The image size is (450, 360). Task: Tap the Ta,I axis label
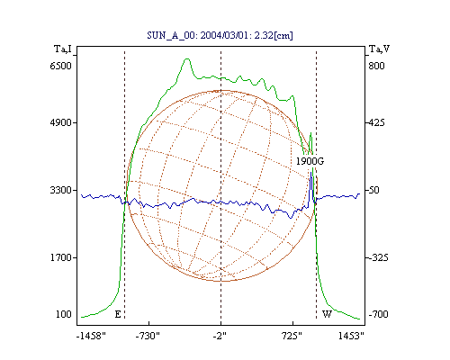click(x=63, y=49)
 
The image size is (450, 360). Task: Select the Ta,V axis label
click(x=379, y=49)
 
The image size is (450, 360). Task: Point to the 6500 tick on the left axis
click(x=60, y=66)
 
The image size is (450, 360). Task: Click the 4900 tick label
click(x=60, y=122)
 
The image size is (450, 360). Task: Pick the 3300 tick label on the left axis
click(x=60, y=190)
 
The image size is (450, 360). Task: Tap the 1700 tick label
click(x=60, y=257)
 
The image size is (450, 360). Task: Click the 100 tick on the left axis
click(x=64, y=314)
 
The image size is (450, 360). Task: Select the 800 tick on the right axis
click(x=376, y=66)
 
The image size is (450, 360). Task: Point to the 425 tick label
click(x=376, y=122)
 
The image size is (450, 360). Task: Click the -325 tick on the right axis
click(x=378, y=257)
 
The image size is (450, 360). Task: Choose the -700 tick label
click(x=378, y=314)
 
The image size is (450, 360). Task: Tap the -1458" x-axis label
click(x=91, y=336)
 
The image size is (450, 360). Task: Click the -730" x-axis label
click(x=148, y=336)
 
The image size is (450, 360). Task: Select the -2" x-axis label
click(x=220, y=336)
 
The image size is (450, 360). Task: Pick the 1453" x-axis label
click(x=351, y=336)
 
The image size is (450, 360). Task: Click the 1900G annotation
click(x=310, y=161)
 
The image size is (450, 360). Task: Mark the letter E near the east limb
click(x=118, y=314)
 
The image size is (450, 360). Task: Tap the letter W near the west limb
click(x=327, y=314)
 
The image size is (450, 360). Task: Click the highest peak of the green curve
click(x=187, y=58)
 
